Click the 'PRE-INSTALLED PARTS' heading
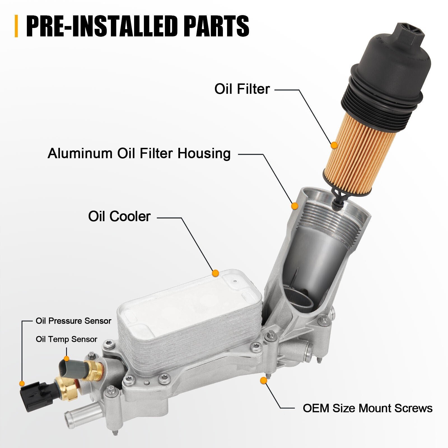(137, 26)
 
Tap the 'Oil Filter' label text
(242, 89)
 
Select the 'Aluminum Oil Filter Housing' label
(139, 153)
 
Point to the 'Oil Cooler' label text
(120, 216)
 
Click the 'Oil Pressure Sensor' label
(73, 321)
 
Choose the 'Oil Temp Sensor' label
(66, 339)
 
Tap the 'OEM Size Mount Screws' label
(368, 408)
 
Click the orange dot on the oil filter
(334, 145)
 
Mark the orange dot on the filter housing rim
(294, 206)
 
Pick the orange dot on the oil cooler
(215, 273)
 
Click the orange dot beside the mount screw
(263, 380)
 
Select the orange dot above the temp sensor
(66, 359)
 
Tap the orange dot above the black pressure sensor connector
(22, 383)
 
